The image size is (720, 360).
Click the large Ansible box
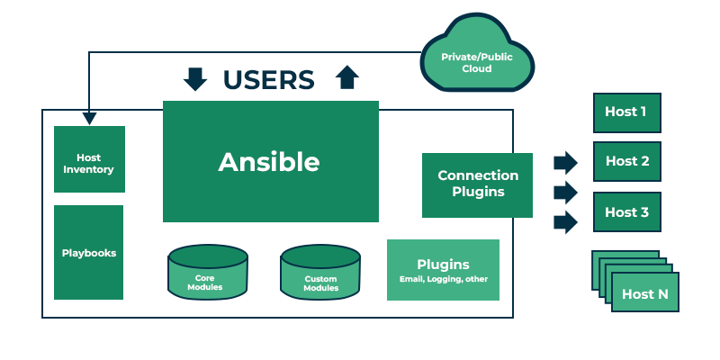pos(270,162)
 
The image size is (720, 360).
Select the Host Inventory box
pos(89,159)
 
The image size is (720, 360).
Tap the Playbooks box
pos(88,253)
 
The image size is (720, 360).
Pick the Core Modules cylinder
pos(207,274)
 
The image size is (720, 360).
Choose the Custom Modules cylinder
pos(320,274)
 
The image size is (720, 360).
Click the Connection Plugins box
pos(477,184)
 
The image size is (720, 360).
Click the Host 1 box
pos(626,112)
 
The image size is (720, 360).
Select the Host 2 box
pos(626,161)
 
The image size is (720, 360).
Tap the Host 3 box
pos(626,212)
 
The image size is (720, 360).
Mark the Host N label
pos(644,294)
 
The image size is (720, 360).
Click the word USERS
pos(269,80)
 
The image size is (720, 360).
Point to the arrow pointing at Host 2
pos(565,162)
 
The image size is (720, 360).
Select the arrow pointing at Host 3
pos(565,222)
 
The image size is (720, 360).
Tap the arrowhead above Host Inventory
pos(88,118)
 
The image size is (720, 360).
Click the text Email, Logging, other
pos(443,279)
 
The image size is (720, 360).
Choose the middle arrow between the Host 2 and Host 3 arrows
pos(565,192)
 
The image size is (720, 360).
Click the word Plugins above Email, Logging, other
pos(443,265)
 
